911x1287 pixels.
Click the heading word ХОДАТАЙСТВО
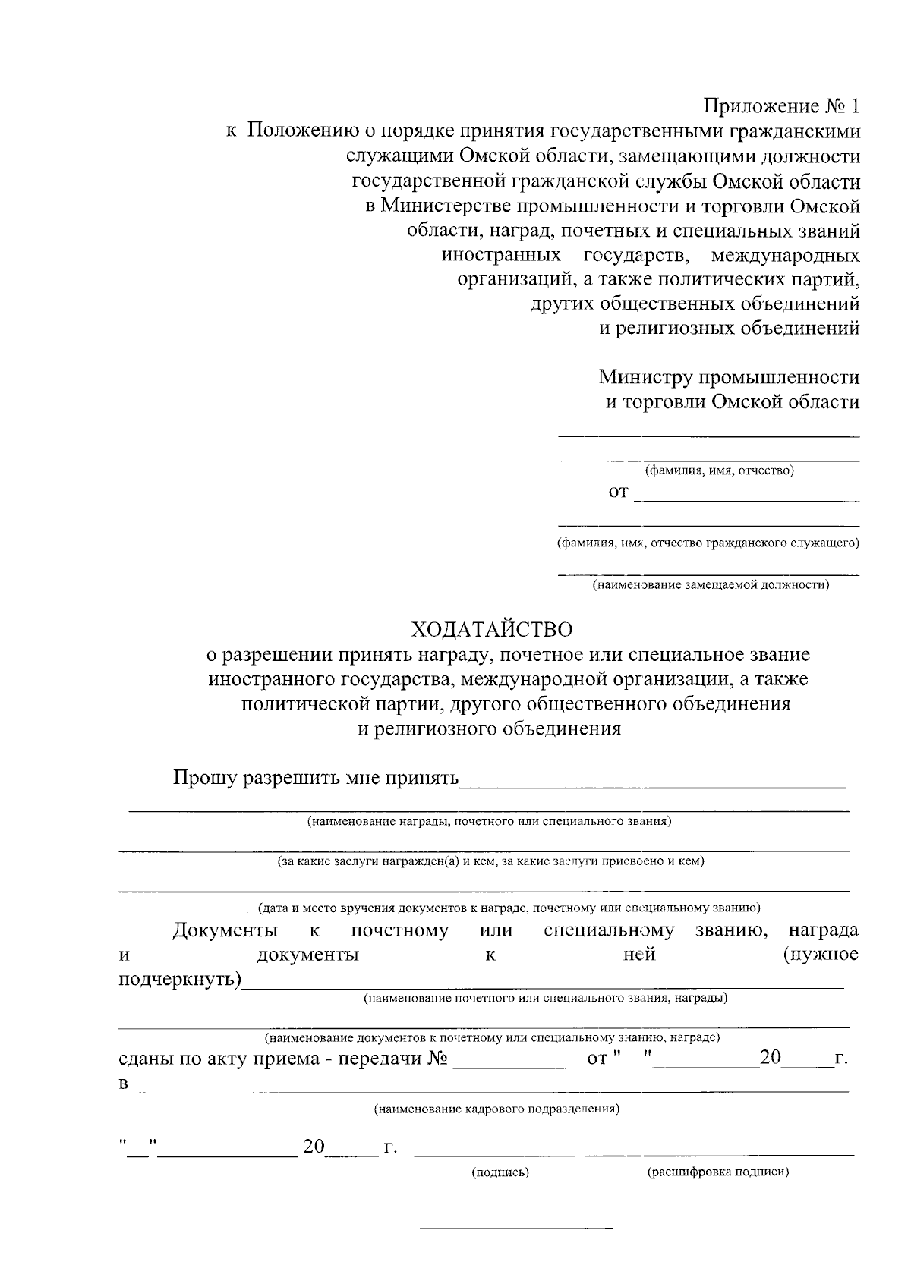point(492,629)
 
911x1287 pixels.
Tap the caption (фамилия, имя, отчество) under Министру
point(719,471)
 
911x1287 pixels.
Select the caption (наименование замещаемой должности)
point(711,585)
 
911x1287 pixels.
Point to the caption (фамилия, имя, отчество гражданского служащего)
point(708,543)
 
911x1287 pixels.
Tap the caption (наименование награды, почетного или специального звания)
point(489,821)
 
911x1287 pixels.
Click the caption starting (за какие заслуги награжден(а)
point(490,861)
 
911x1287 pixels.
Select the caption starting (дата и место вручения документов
point(509,908)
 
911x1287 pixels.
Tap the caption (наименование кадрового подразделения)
point(497,1109)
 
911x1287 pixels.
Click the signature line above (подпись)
point(494,1155)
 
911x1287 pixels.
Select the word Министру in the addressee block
point(645,377)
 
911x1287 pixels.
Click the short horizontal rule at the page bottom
point(516,1228)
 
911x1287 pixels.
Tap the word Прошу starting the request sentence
point(204,779)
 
